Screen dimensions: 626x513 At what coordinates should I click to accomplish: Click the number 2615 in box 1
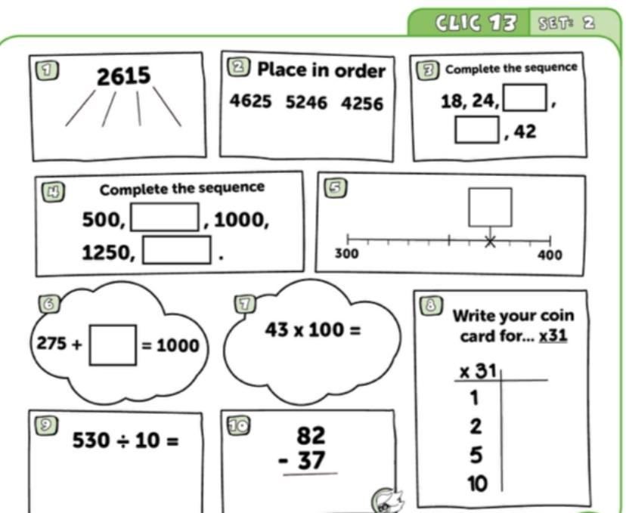(x=124, y=76)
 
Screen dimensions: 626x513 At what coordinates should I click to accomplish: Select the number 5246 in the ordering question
(x=306, y=103)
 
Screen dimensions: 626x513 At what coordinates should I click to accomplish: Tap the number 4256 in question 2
(x=362, y=104)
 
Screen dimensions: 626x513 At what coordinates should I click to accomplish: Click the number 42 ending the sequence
(x=525, y=131)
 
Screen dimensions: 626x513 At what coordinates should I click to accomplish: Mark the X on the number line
(x=490, y=241)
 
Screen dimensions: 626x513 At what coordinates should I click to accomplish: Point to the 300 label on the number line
(x=346, y=253)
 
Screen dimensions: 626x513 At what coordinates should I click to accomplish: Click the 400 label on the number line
(x=550, y=255)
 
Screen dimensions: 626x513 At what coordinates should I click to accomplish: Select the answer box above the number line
(x=490, y=208)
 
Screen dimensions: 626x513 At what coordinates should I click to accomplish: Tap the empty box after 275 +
(x=113, y=345)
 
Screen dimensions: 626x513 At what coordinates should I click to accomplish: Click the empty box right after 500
(x=165, y=217)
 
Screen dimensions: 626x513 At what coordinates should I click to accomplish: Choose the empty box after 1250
(x=177, y=250)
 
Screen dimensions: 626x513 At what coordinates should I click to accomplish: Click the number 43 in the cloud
(x=277, y=330)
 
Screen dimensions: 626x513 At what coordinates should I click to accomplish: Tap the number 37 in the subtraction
(x=311, y=460)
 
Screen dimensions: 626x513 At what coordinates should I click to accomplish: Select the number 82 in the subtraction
(x=311, y=435)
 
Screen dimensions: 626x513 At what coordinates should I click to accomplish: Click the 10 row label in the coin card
(x=478, y=484)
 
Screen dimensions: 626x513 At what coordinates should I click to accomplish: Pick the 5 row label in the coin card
(x=476, y=455)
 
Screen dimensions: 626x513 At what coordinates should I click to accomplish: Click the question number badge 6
(x=48, y=304)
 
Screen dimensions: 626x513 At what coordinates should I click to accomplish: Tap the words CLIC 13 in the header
(x=476, y=23)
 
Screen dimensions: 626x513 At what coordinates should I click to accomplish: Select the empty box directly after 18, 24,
(x=525, y=97)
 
